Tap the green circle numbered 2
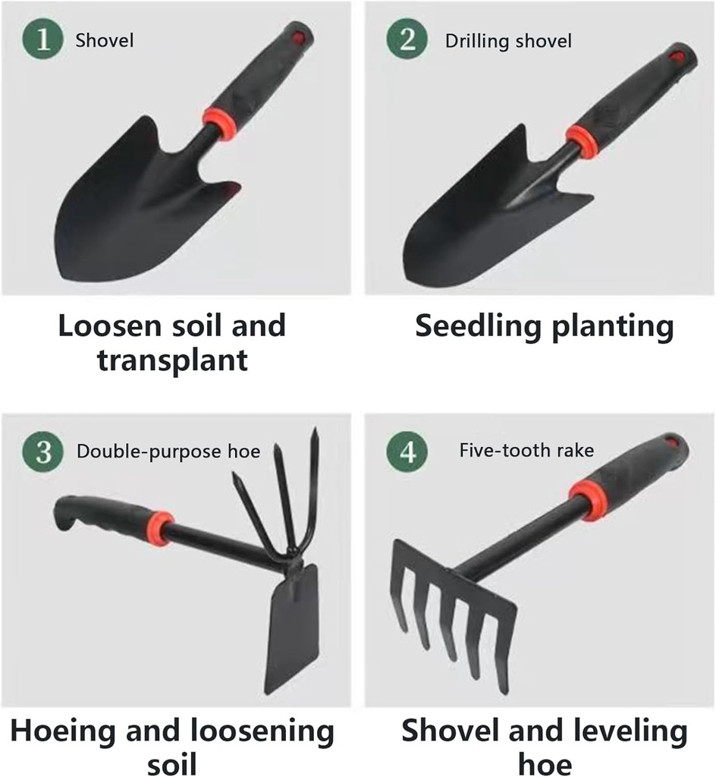point(408,39)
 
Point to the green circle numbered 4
point(408,451)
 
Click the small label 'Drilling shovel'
point(507,40)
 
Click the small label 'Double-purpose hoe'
point(168,452)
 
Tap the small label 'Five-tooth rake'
point(526,451)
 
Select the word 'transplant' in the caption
point(172,360)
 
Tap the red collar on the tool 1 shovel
point(218,122)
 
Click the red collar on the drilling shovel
point(583,140)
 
